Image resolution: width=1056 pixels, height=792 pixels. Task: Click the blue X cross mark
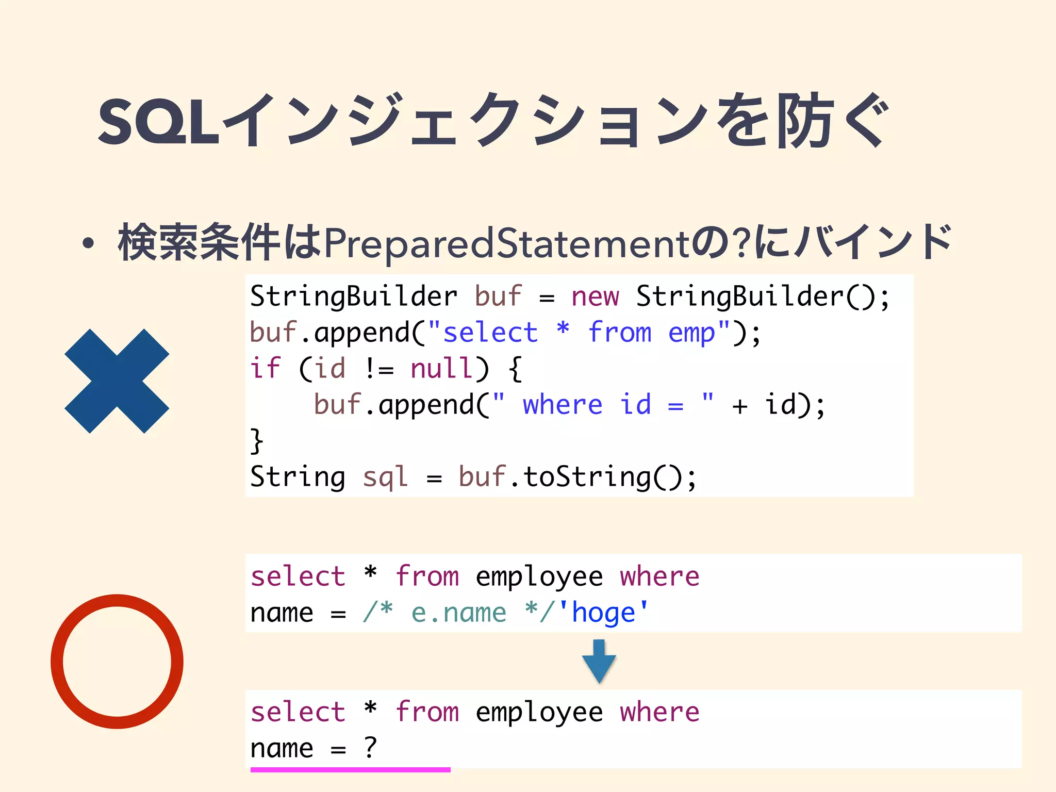point(117,381)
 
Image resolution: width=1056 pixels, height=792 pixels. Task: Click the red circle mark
point(117,662)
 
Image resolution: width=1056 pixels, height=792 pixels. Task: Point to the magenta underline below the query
point(350,770)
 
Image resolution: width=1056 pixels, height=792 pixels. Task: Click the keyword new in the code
point(595,296)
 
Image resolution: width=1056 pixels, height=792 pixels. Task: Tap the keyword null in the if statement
point(441,369)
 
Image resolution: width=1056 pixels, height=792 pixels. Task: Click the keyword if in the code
point(265,369)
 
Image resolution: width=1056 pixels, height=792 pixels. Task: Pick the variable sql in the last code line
point(385,477)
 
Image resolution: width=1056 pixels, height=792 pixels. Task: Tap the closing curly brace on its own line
point(257,441)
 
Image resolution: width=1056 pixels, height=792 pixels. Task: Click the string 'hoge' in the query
point(603,613)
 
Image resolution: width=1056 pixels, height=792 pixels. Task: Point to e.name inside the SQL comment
point(458,613)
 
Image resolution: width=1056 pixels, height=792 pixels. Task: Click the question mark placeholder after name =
point(370,748)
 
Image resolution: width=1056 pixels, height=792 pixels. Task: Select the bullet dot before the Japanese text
point(88,243)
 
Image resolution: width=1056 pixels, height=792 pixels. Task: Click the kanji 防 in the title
point(805,122)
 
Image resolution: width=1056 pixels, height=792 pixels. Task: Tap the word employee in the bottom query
point(539,713)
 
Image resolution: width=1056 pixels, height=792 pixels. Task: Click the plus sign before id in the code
point(739,406)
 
